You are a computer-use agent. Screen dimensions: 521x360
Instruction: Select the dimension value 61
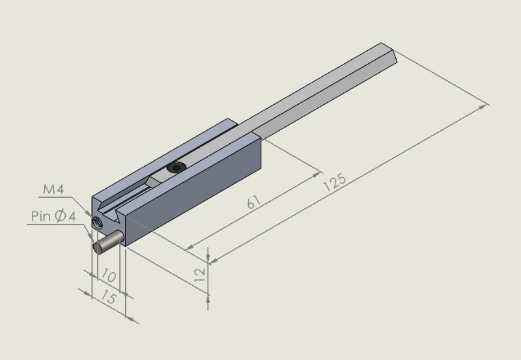click(253, 202)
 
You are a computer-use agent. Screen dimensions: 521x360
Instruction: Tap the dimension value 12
click(200, 275)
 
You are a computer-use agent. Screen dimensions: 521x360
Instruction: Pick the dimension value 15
click(109, 297)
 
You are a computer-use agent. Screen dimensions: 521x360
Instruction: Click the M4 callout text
click(53, 189)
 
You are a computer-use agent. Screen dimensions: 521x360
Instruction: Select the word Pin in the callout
click(41, 216)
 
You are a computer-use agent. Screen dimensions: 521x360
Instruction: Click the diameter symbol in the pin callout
click(60, 216)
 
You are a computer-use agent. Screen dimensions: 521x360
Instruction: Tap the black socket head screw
click(176, 167)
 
